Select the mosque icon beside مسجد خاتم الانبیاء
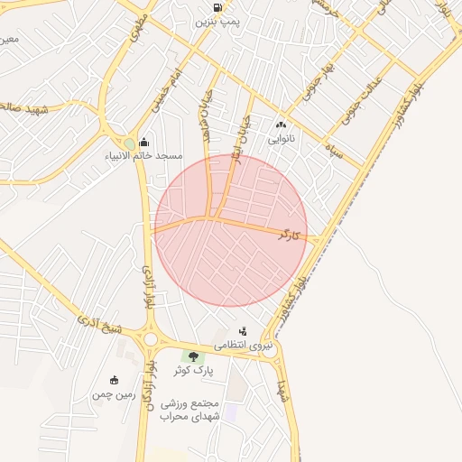click(x=145, y=142)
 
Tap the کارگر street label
click(x=289, y=235)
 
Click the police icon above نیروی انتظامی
click(x=243, y=330)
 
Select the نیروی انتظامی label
click(x=242, y=346)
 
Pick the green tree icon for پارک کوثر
click(x=192, y=356)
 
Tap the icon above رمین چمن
click(x=113, y=380)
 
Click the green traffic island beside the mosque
click(x=130, y=143)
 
